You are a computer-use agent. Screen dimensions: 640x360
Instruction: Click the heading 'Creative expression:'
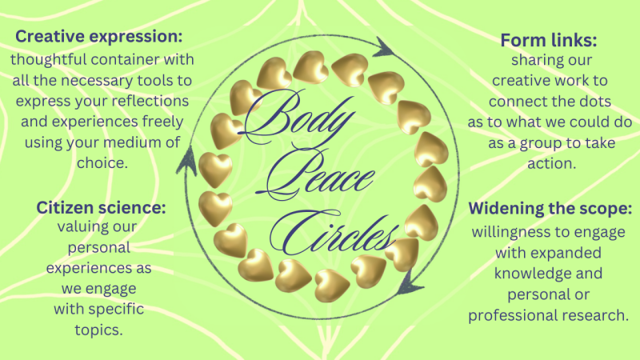(98, 37)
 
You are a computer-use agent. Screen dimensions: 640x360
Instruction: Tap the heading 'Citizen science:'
(102, 207)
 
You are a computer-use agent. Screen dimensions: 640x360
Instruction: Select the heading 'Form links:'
(549, 41)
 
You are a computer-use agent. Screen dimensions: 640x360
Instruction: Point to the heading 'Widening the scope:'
(550, 209)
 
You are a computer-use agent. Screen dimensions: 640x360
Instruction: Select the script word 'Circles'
(334, 233)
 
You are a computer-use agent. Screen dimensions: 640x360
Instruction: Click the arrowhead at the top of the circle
(384, 47)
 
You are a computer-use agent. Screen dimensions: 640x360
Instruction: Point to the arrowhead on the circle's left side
(187, 161)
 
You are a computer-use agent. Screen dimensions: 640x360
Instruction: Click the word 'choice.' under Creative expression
(102, 163)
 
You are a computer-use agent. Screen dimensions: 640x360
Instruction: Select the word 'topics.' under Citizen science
(98, 330)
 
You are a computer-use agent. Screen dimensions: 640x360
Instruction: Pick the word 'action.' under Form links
(552, 164)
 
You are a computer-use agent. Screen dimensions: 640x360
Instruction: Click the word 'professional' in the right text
(513, 315)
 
